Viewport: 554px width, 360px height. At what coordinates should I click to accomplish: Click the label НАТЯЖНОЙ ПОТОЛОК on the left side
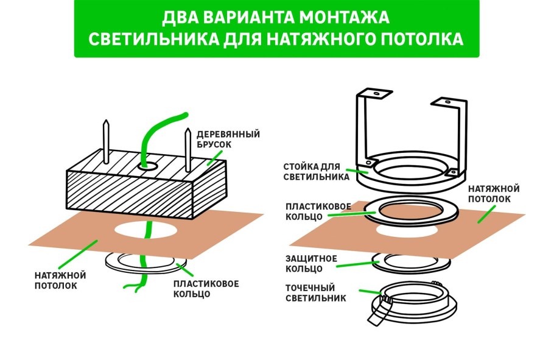pos(60,280)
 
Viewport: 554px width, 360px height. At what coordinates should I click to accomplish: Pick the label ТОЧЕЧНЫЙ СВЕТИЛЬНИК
pos(315,293)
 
